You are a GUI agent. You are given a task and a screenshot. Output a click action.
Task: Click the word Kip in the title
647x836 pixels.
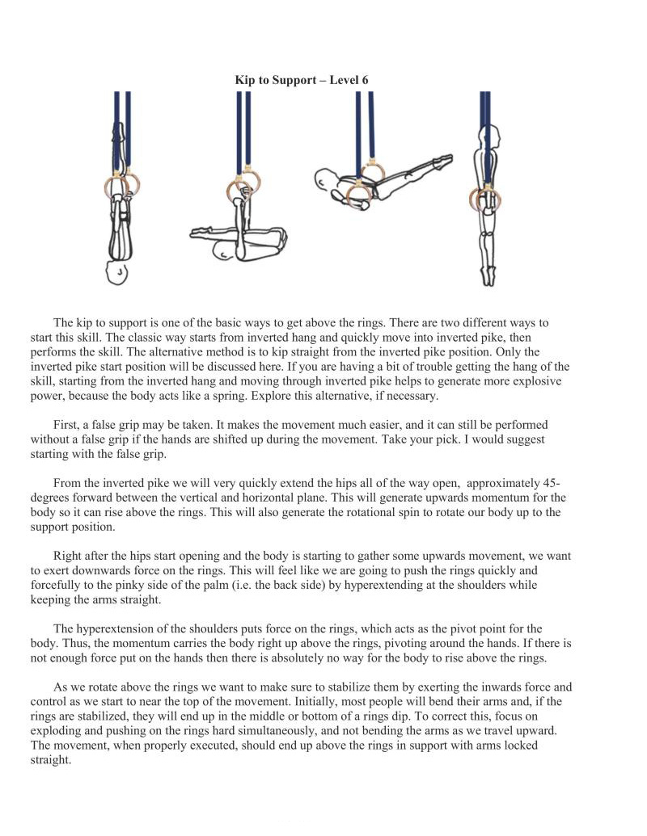[x=243, y=80]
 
